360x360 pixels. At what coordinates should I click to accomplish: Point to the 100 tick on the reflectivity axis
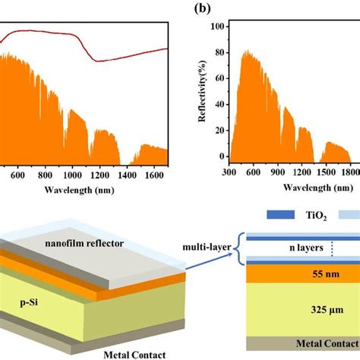(x=219, y=26)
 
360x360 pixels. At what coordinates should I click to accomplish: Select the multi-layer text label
(x=207, y=248)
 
